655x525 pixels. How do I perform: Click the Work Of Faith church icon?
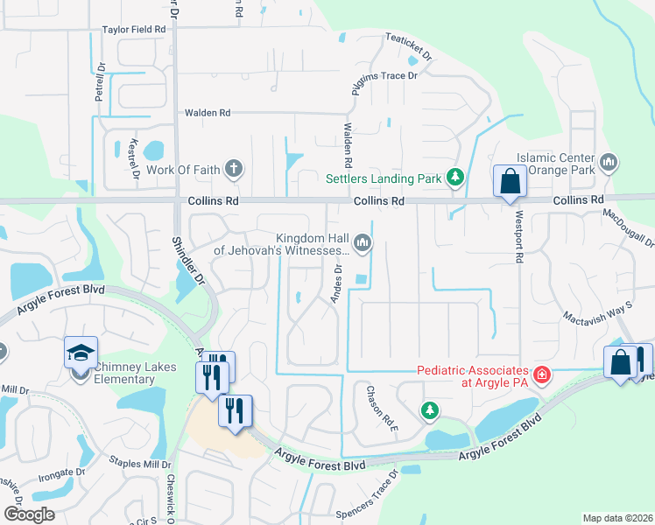[233, 168]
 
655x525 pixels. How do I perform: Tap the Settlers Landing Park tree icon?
[454, 178]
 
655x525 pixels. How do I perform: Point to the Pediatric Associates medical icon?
[542, 375]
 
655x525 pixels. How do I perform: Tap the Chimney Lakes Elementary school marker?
[81, 354]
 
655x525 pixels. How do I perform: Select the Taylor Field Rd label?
[134, 29]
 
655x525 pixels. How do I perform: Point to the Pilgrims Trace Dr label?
[386, 76]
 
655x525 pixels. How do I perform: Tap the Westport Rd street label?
[519, 250]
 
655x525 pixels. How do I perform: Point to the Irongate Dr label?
[61, 472]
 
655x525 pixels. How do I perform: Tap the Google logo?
[29, 514]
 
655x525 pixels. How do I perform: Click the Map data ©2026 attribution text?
[617, 518]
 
